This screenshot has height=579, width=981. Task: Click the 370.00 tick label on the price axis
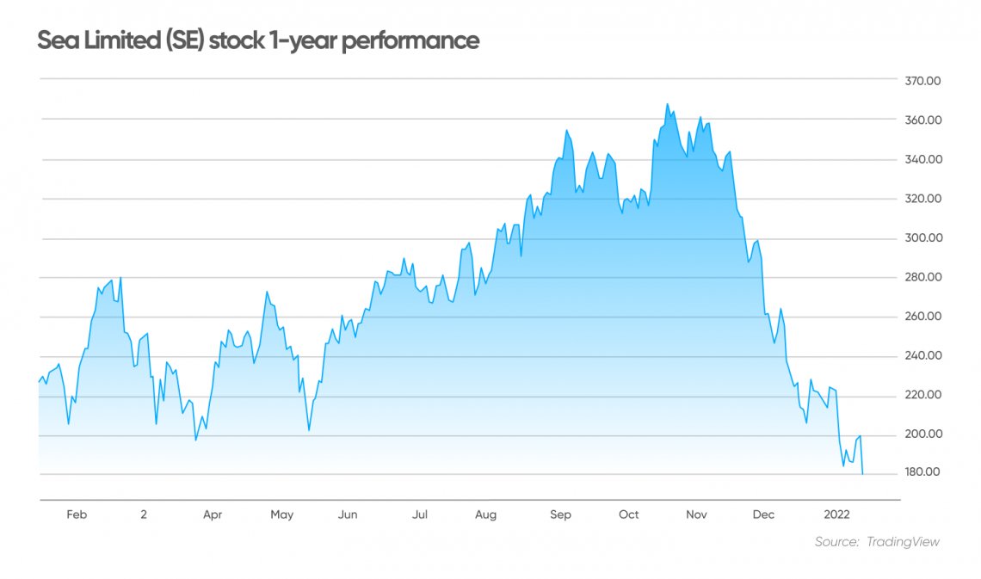[x=922, y=81]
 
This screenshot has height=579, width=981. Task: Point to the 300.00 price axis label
[x=922, y=238]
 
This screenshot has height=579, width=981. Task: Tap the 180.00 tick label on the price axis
[x=922, y=473]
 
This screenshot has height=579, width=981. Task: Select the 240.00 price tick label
[x=922, y=356]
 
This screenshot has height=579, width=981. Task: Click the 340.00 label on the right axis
[x=922, y=160]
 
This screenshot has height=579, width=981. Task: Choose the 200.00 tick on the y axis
[x=922, y=434]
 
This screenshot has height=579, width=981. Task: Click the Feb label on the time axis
[x=77, y=515]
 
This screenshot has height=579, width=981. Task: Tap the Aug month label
[x=486, y=515]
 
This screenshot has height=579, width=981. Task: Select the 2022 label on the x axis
[x=837, y=515]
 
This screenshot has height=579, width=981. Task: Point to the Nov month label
[x=696, y=515]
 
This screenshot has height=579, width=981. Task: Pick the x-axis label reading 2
[x=144, y=515]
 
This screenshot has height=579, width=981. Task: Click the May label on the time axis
[x=282, y=515]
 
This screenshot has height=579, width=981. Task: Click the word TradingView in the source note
[x=903, y=542]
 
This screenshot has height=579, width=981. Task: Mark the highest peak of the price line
[x=667, y=104]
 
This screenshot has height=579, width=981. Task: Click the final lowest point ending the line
[x=862, y=473]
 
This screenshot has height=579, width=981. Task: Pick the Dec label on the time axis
[x=763, y=515]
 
